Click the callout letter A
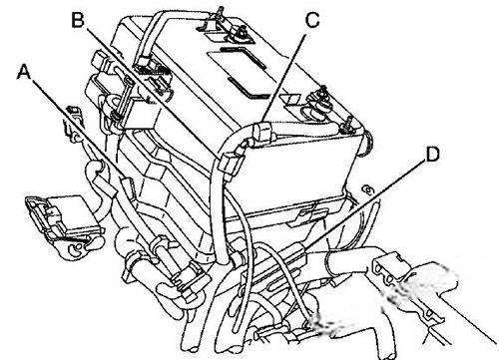click(x=24, y=72)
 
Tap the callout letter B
click(x=78, y=20)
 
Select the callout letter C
click(x=312, y=20)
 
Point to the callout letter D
click(x=432, y=155)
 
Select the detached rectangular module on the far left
click(x=63, y=224)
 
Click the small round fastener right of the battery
click(x=368, y=190)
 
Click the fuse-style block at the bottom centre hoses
click(x=187, y=280)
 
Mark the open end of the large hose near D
click(x=329, y=264)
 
